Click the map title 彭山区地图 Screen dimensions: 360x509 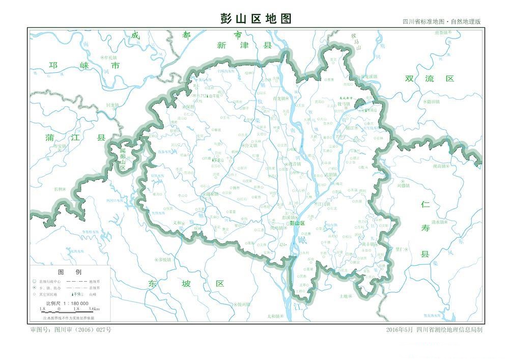(257, 19)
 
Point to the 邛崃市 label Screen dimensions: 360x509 (84, 66)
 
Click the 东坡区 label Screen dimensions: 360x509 (185, 284)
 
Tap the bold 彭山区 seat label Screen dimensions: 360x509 (296, 223)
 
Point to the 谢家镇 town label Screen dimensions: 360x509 (211, 194)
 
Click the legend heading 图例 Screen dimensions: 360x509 (69, 272)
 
